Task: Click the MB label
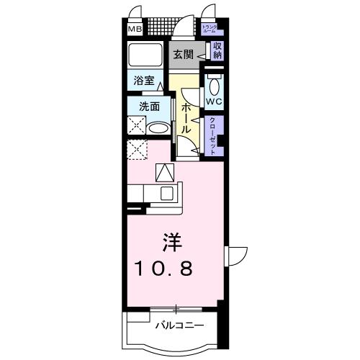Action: click(x=135, y=30)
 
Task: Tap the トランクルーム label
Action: click(x=210, y=30)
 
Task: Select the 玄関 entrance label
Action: click(x=183, y=55)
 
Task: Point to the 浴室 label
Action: click(x=143, y=81)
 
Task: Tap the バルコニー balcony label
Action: click(x=179, y=326)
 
